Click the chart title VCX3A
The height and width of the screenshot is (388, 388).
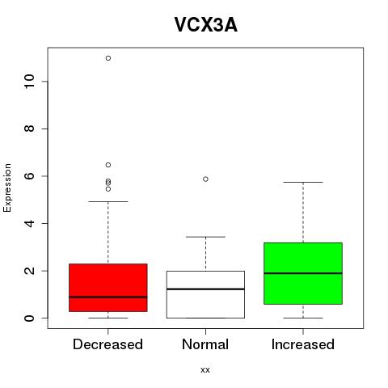[206, 25]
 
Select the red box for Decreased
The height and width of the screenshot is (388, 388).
[108, 288]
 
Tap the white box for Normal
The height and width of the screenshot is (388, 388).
[205, 294]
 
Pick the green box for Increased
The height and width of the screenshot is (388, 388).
[303, 273]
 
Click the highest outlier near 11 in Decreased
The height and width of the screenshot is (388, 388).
[108, 58]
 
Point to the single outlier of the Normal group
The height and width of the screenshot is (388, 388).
[205, 179]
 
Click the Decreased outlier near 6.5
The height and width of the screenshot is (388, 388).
[108, 165]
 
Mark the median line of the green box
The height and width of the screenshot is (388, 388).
[303, 273]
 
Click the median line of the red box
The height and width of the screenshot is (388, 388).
[108, 297]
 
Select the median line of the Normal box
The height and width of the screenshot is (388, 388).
[205, 289]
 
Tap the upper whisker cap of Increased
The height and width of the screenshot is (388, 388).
[303, 182]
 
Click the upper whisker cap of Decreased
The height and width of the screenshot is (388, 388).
[108, 201]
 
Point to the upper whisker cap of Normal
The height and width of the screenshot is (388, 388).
[205, 237]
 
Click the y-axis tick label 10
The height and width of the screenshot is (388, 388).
[29, 82]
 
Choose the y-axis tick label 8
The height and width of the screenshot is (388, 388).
[29, 129]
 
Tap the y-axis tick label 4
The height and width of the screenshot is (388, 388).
[29, 223]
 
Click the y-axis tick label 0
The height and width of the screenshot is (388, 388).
[29, 318]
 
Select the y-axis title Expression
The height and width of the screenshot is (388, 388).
[7, 188]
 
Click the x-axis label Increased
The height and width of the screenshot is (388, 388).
[303, 344]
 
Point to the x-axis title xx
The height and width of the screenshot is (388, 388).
[205, 370]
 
